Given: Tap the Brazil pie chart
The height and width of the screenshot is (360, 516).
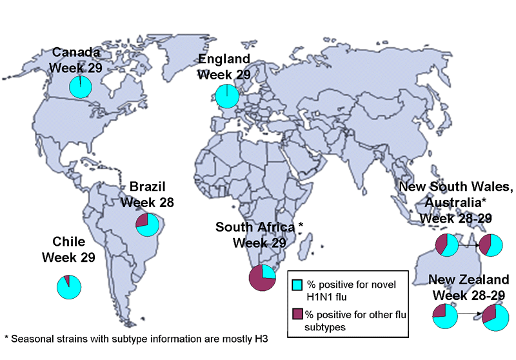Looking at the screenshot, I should (148, 225).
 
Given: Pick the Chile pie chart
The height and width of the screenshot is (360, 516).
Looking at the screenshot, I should (69, 286).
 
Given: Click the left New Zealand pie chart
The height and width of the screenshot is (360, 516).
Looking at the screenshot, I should (445, 317).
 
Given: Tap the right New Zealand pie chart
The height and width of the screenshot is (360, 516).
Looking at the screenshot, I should (497, 317).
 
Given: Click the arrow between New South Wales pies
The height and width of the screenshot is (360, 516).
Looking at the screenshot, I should (471, 245).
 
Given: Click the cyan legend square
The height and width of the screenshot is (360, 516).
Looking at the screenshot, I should (297, 285).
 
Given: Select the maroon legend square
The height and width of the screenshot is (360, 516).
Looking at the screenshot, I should (297, 313).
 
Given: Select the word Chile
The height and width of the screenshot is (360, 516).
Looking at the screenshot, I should (68, 243).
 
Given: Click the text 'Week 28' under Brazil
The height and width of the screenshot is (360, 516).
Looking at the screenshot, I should (152, 203).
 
